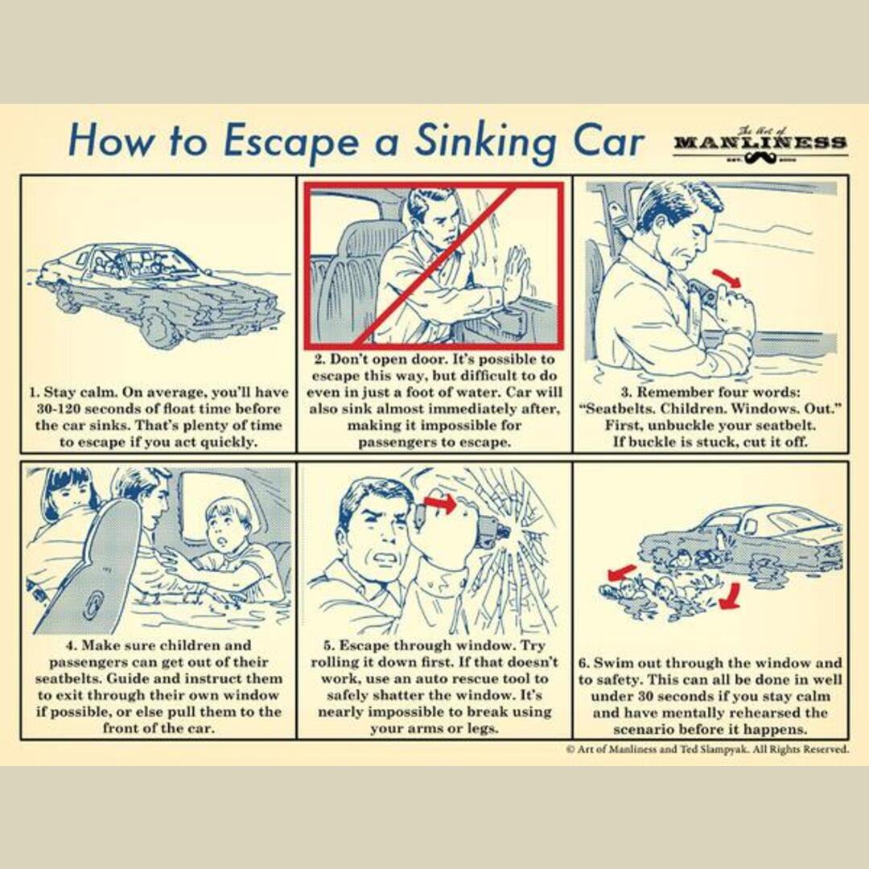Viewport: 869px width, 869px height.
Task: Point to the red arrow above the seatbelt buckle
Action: click(x=727, y=278)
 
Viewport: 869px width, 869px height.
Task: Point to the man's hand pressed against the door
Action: click(x=514, y=278)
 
